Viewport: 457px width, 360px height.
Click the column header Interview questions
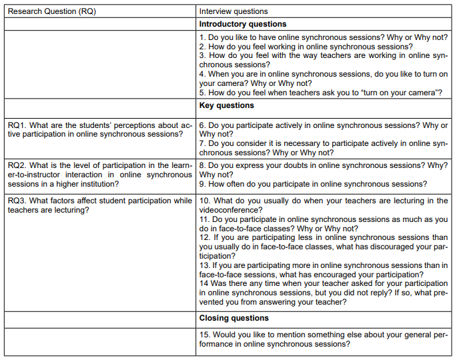[234, 11]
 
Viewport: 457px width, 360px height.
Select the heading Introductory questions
[243, 24]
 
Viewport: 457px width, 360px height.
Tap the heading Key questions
[227, 105]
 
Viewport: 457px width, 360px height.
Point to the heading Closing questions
[234, 319]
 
